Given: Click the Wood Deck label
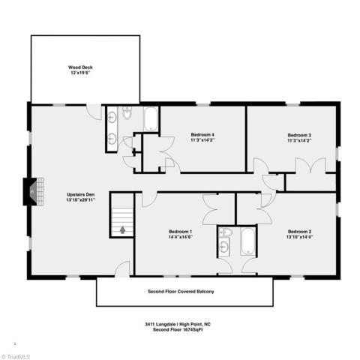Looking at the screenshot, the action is [80, 70].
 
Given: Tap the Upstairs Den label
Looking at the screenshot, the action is [81, 194].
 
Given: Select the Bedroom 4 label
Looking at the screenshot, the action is [202, 135].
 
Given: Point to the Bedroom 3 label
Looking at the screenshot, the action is [299, 135].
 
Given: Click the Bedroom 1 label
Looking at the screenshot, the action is [180, 232].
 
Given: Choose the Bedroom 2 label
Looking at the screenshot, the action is [299, 232].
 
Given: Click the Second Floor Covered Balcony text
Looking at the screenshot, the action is [181, 292].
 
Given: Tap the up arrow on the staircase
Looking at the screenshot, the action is [122, 229].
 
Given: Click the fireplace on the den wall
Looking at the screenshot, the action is [33, 191].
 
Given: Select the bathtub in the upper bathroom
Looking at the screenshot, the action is [151, 118].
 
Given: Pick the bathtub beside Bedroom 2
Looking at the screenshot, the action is [248, 241].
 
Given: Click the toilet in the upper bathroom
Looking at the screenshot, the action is [127, 112].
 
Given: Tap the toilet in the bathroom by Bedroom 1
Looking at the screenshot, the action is [226, 232].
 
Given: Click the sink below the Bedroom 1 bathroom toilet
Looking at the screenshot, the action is [224, 247].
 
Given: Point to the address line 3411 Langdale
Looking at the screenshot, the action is [178, 324].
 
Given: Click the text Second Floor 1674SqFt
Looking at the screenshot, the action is [178, 329].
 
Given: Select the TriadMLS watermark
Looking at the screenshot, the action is [16, 356].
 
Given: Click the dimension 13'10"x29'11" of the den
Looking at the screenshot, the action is [81, 200].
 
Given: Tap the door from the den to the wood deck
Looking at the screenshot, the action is [94, 112].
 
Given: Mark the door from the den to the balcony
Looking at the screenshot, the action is [122, 269].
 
